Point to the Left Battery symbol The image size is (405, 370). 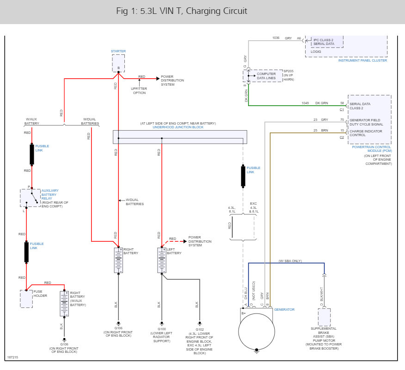pyautogui.click(x=162, y=260)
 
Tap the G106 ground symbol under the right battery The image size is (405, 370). pyautogui.click(x=118, y=323)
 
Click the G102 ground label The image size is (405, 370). pyautogui.click(x=200, y=329)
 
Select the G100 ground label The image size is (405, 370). pyautogui.click(x=162, y=329)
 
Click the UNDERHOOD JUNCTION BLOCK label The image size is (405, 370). pyautogui.click(x=178, y=127)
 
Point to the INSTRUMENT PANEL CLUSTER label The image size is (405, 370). pyautogui.click(x=362, y=60)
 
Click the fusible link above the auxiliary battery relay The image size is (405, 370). pyautogui.click(x=32, y=154)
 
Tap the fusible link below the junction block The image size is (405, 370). pyautogui.click(x=243, y=176)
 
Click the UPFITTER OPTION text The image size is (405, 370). pyautogui.click(x=139, y=91)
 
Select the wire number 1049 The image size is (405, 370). pyautogui.click(x=305, y=103)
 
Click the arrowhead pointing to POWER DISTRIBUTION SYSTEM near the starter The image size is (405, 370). pyautogui.click(x=158, y=78)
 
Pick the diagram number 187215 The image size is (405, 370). pyautogui.click(x=12, y=357)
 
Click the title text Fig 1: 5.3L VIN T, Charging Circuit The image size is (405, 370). pyautogui.click(x=182, y=11)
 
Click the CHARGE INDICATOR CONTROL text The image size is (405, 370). pyautogui.click(x=366, y=133)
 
